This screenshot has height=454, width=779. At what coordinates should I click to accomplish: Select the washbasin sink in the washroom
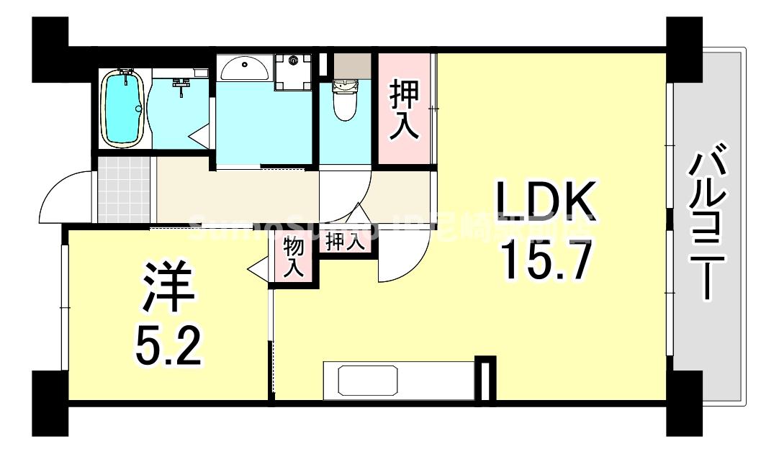(x=244, y=70)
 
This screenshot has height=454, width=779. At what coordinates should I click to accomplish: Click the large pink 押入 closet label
(x=404, y=109)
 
